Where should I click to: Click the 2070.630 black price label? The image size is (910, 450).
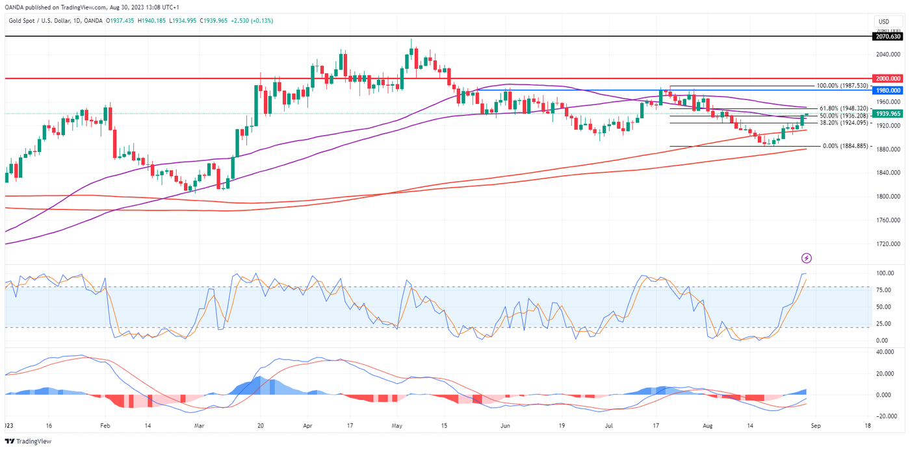point(888,37)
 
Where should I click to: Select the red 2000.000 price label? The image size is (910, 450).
point(888,78)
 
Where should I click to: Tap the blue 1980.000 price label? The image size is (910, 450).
point(888,90)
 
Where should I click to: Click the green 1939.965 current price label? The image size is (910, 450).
point(888,114)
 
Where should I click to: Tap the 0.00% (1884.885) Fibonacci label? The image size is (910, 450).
point(845,146)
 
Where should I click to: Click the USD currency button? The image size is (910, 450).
point(883,21)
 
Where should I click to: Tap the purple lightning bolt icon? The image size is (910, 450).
point(807,258)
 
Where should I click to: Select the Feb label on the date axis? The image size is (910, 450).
point(104,427)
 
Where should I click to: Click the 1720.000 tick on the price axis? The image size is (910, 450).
point(887,244)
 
